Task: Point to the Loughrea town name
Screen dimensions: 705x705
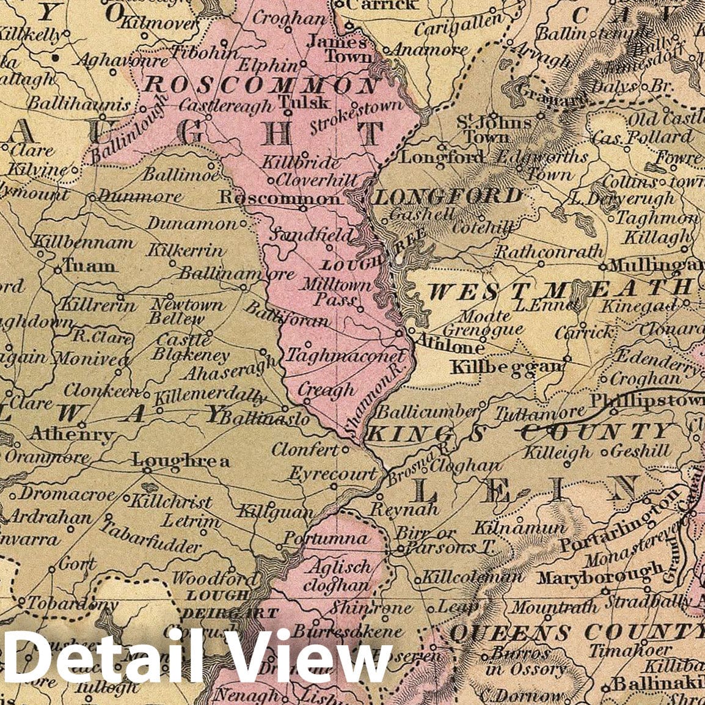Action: pos(181,461)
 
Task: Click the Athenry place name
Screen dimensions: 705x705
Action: pos(72,436)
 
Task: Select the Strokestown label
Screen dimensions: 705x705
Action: pos(357,117)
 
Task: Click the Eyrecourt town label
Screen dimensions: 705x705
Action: pos(332,473)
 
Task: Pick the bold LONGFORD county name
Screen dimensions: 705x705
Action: pos(448,197)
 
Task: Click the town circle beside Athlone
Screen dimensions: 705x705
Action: pos(399,334)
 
